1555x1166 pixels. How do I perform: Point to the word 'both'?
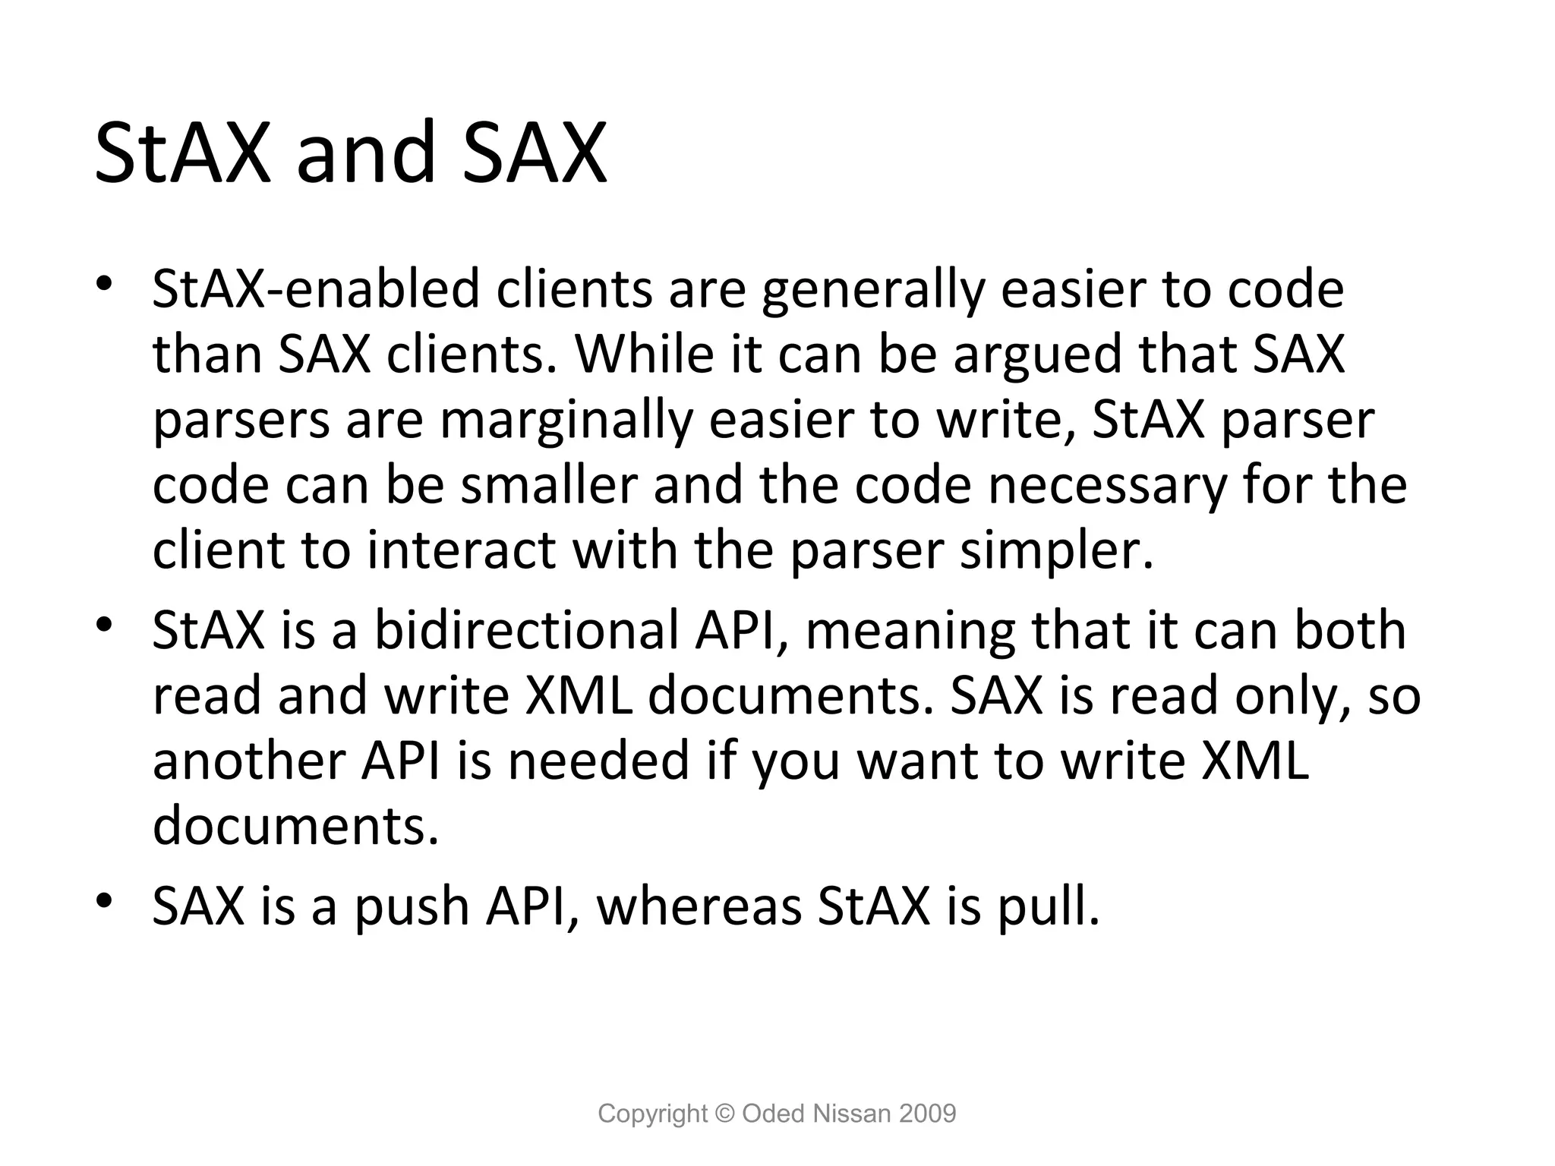1349,631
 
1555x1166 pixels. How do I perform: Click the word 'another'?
248,761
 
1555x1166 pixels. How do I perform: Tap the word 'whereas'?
699,906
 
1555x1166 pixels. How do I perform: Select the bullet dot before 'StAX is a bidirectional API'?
105,626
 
